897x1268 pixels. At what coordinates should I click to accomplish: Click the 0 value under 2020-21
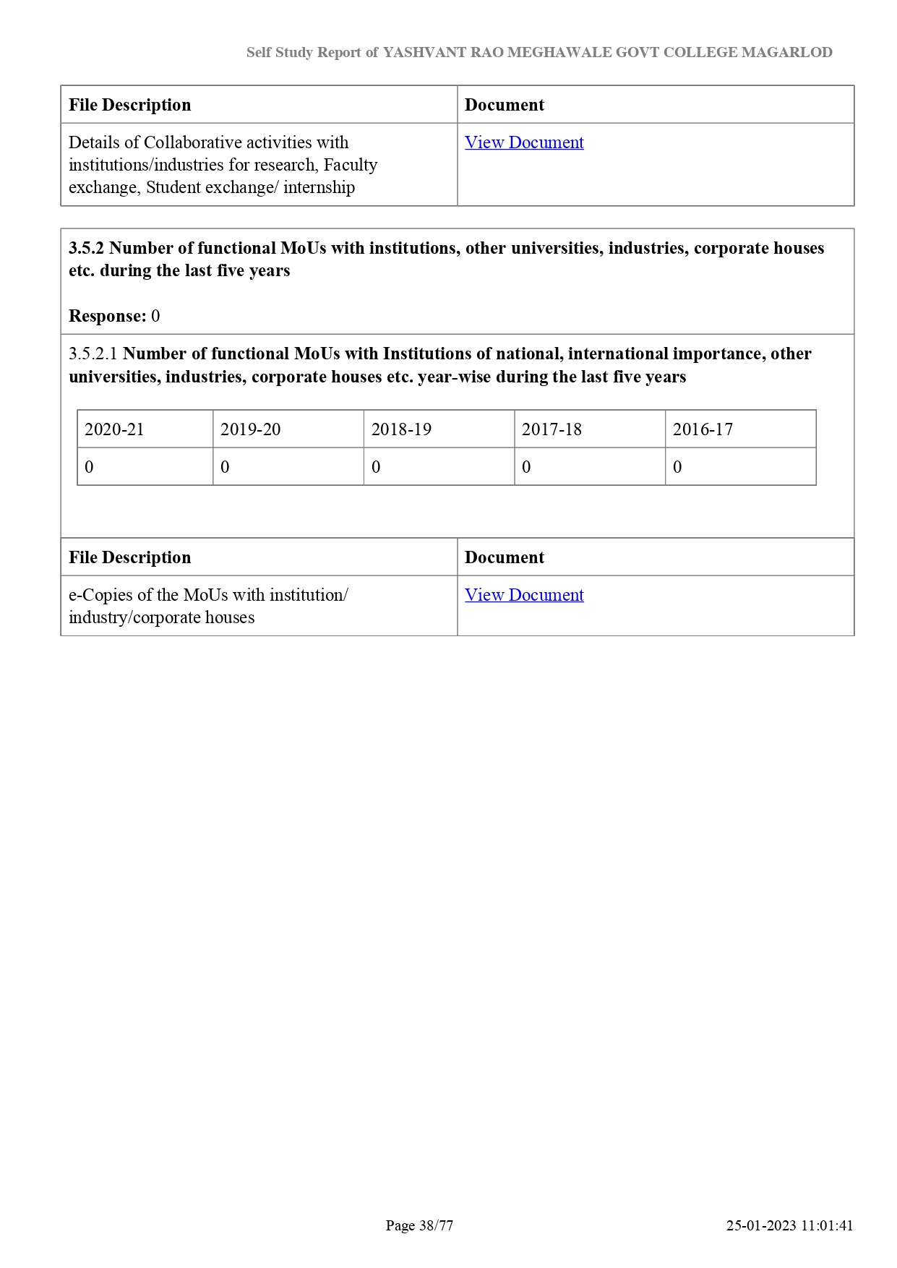point(89,467)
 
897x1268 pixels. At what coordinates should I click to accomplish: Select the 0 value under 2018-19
point(376,467)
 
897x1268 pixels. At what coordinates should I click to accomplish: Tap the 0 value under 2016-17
point(677,467)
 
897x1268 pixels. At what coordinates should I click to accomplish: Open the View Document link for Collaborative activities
point(524,142)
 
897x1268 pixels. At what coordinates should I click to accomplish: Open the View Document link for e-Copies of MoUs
point(524,595)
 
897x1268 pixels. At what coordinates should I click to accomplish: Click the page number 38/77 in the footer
point(436,1225)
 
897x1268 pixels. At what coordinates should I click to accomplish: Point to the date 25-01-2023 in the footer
point(761,1225)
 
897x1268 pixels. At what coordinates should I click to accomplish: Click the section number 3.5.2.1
point(93,354)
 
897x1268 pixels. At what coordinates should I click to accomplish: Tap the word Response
point(107,316)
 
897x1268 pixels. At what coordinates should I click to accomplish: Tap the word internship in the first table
point(319,187)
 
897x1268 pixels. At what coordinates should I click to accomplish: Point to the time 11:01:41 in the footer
point(827,1225)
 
